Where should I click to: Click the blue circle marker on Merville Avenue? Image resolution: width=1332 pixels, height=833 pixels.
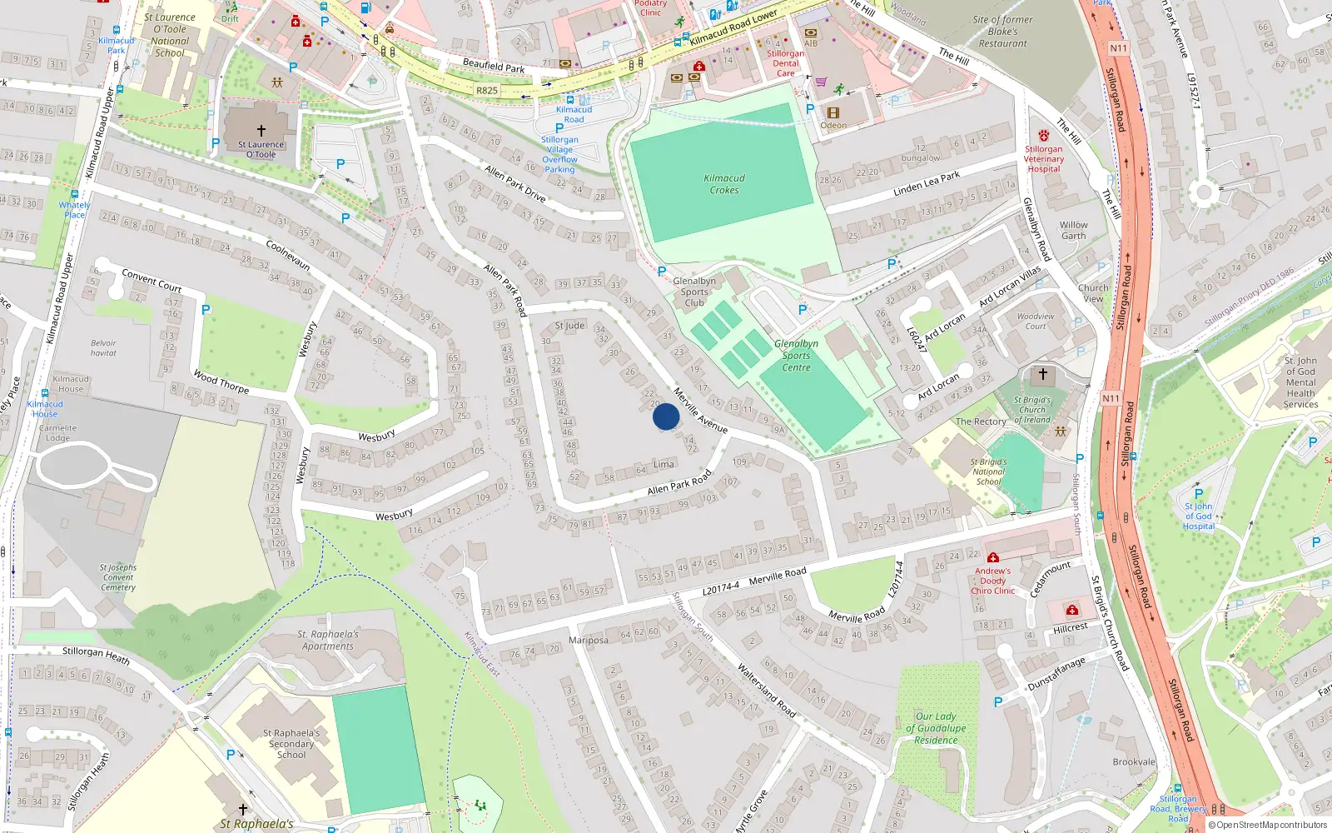point(666,416)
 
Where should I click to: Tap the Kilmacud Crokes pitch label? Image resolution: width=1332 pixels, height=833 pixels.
point(724,184)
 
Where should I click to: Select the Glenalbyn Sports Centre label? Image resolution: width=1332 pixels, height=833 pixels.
point(796,355)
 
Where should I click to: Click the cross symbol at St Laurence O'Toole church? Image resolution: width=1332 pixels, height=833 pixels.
point(261,131)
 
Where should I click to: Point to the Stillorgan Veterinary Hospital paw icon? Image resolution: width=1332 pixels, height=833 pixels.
point(1043,135)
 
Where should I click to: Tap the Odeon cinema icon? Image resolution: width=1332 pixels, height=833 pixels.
point(832,112)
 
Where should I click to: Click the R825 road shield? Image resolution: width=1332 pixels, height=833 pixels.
point(487,91)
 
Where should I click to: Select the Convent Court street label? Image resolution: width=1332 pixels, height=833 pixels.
point(152,280)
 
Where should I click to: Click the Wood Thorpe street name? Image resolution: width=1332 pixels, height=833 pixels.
point(221,382)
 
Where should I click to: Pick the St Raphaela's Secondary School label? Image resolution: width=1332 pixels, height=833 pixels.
point(291,744)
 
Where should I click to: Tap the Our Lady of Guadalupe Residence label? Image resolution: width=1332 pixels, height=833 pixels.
point(936,728)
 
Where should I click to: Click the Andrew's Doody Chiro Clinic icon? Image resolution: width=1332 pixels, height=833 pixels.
point(992,557)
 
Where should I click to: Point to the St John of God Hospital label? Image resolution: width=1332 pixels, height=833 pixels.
point(1198,516)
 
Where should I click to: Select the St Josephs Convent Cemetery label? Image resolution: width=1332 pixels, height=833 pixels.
point(118,577)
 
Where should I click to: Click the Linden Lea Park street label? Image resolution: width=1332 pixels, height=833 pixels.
point(926,184)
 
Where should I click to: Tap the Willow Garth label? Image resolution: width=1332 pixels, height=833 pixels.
point(1073,230)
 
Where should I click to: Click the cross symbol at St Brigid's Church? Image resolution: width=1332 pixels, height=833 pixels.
point(1042,374)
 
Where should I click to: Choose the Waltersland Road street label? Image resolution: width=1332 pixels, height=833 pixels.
point(766,691)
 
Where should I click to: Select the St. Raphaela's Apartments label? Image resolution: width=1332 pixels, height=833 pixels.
point(328,640)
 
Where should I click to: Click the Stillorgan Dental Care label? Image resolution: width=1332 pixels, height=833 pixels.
point(785,63)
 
